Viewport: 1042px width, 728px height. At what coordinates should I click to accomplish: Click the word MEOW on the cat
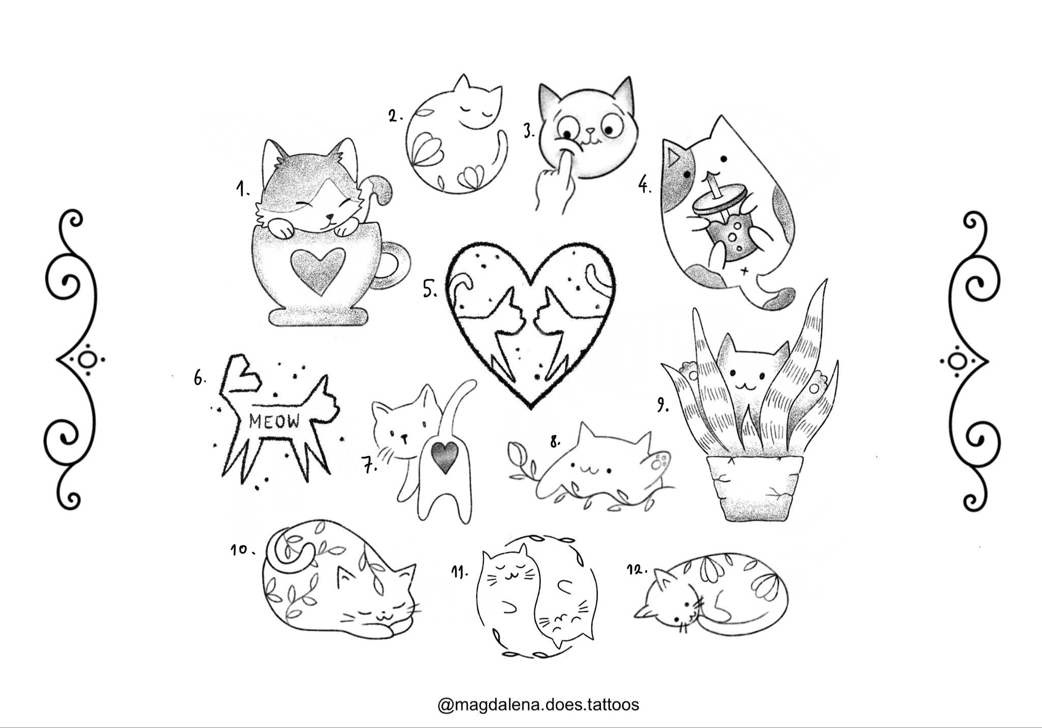(x=275, y=421)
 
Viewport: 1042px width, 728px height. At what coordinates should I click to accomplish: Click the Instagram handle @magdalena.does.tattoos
(x=538, y=705)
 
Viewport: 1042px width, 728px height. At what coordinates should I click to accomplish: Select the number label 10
(x=241, y=550)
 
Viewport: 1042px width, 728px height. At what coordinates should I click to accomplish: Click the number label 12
(x=636, y=569)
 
